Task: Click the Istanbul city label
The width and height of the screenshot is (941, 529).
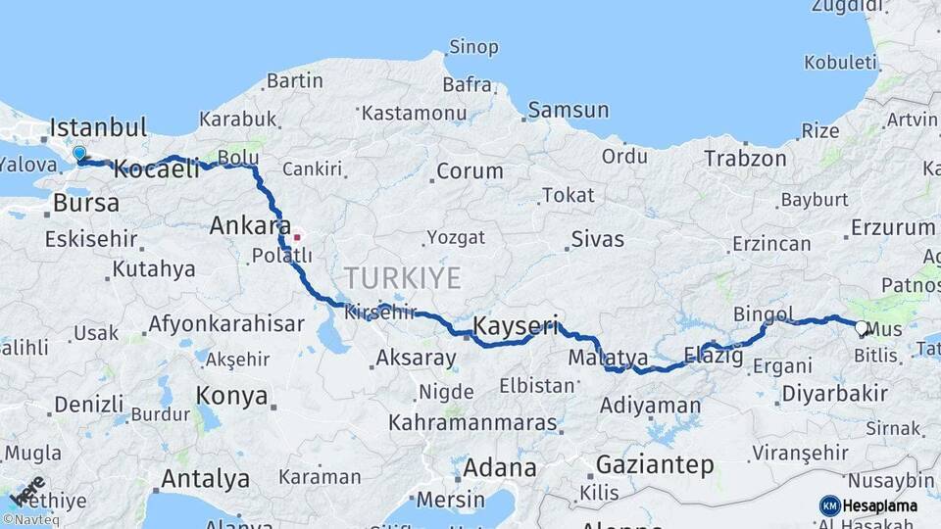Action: coord(98,127)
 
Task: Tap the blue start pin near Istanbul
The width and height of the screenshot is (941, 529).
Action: coord(79,154)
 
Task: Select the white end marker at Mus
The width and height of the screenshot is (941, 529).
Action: coord(861,328)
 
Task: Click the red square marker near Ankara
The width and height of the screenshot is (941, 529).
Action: coord(296,236)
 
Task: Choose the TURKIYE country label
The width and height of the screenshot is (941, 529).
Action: coord(402,278)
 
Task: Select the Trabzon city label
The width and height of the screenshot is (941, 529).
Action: coord(745,158)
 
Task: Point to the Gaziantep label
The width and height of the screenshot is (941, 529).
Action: coord(655,464)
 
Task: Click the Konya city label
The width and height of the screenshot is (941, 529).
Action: coord(232,396)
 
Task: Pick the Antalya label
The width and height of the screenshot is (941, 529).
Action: coord(205,479)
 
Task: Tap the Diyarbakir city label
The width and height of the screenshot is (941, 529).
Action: coord(835,394)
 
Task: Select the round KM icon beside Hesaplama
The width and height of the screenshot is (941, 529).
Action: coord(829,505)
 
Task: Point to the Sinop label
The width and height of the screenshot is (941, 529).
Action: coord(473,47)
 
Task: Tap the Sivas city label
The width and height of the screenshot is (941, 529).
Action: coord(597,238)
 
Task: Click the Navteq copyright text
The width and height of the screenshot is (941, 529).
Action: coord(31,520)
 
